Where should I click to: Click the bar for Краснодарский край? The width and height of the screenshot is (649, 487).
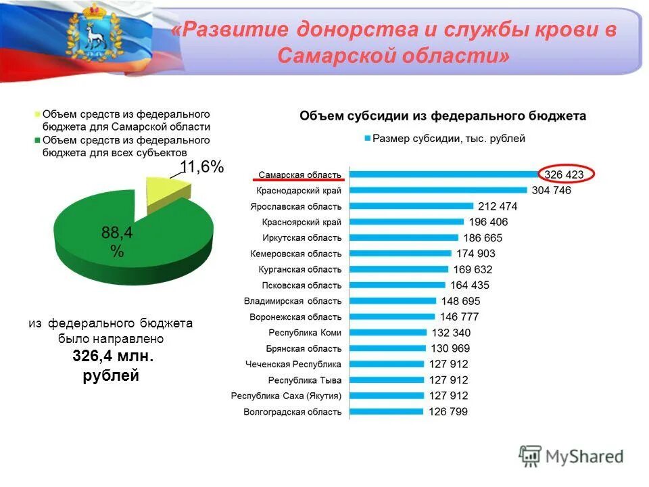click(x=438, y=190)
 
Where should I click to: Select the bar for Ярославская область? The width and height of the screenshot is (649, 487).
click(x=411, y=206)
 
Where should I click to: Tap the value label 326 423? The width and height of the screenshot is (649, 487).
click(x=564, y=175)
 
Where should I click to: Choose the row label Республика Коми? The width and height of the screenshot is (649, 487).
click(x=305, y=333)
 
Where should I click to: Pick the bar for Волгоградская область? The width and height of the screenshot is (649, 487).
click(x=386, y=411)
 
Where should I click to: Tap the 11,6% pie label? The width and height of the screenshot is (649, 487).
click(x=201, y=168)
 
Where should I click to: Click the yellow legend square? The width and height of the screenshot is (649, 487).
click(x=37, y=114)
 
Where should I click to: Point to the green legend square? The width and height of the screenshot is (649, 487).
click(x=37, y=141)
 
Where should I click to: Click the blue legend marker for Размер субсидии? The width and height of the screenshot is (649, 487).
click(x=367, y=139)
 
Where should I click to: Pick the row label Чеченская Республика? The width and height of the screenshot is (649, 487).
click(x=293, y=364)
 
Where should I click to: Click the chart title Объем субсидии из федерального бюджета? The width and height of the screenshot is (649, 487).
click(x=443, y=116)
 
